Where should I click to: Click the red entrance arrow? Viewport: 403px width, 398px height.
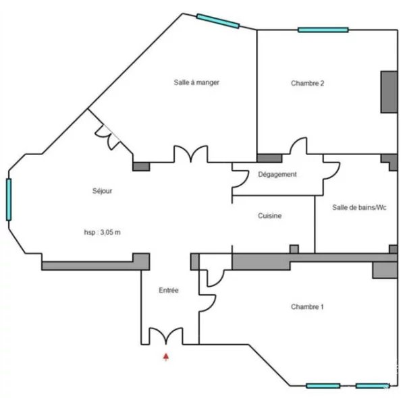point(166,357)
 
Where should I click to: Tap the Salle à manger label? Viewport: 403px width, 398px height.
point(196,82)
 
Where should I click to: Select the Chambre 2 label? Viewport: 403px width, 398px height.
point(307,83)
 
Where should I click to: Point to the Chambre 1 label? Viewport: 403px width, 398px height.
point(307,306)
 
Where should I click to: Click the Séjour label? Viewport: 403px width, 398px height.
point(103,191)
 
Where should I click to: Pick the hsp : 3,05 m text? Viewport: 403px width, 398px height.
point(103,232)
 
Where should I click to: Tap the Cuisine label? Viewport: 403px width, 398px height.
point(269,215)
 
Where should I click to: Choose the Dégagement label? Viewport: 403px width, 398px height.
point(277,174)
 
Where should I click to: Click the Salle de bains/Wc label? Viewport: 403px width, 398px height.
point(359,207)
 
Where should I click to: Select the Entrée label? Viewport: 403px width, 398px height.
point(169,290)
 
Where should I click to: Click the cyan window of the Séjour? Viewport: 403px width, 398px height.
point(9,200)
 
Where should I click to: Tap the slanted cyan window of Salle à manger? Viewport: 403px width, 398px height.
point(218,21)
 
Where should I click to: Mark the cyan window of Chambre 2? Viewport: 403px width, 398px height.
point(323,30)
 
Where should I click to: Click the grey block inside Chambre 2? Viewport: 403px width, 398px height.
point(389,92)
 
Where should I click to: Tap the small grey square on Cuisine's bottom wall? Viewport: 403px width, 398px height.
point(294,249)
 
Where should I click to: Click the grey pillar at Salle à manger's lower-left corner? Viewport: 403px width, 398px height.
point(141,167)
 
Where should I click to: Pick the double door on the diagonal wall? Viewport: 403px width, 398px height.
point(108,137)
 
